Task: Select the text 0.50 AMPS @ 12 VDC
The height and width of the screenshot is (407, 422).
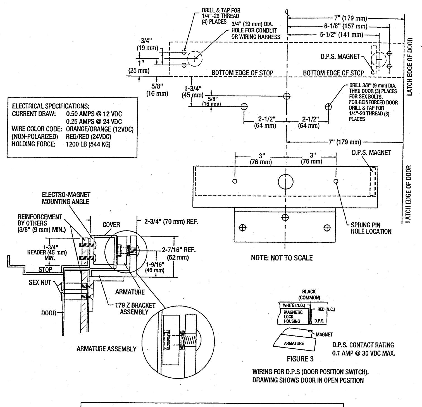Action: tap(94, 114)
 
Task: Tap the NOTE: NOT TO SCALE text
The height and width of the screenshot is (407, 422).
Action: tap(282, 258)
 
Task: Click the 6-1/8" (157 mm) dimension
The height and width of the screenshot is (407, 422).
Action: tap(345, 27)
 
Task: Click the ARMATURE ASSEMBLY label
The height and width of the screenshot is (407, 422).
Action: tap(106, 349)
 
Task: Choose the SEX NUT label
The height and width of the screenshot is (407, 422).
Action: tap(40, 282)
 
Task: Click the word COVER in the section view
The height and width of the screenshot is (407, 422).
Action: tap(111, 225)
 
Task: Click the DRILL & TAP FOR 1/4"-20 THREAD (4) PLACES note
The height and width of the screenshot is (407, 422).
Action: tap(221, 16)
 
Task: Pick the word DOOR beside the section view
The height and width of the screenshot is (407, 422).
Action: tap(49, 313)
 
